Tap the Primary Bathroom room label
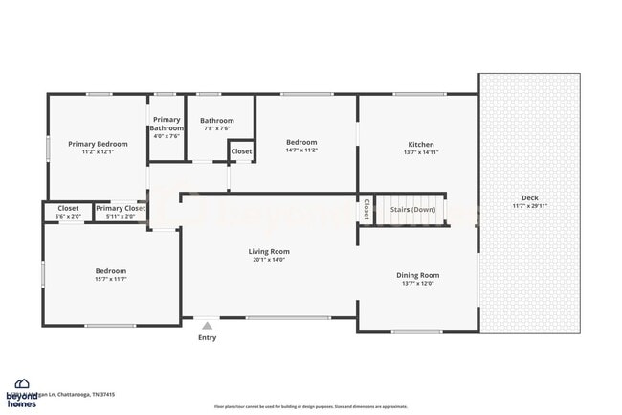coord(167,124)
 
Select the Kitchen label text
coord(421,144)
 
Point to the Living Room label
coord(270,251)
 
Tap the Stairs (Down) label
coord(411,208)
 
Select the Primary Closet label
coord(121,208)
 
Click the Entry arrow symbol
coord(208,325)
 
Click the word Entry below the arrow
coord(208,337)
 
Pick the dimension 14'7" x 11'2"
coord(301,150)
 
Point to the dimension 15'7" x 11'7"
coord(110,279)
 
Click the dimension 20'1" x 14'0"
coord(270,260)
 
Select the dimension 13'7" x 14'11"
coord(421,152)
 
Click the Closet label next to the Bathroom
coord(241,151)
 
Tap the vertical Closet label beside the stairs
coord(366,209)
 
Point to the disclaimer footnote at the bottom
coord(311,406)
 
